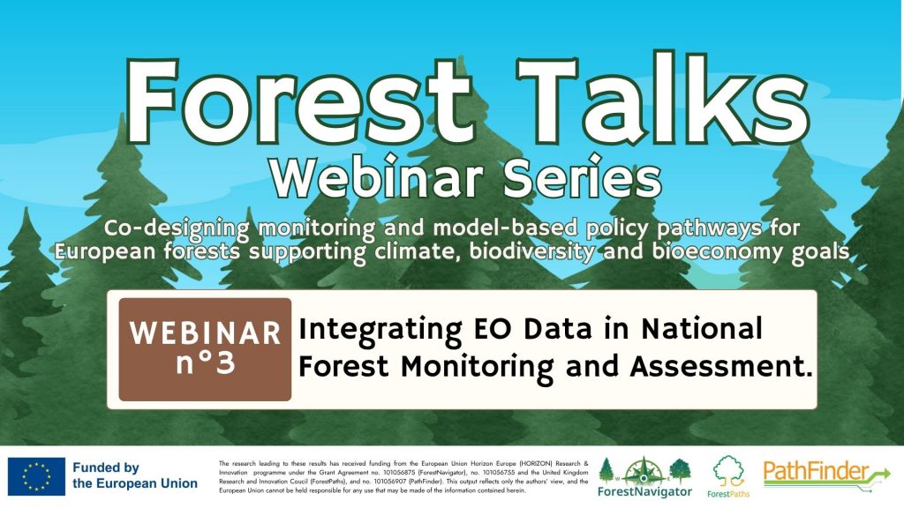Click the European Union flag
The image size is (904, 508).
36,476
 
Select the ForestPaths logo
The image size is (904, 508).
728,477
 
